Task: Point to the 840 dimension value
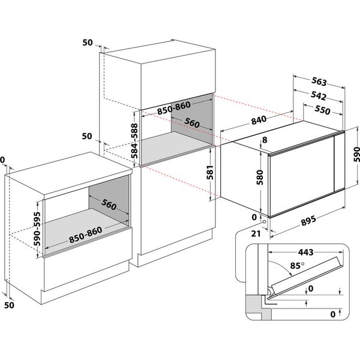point(259,120)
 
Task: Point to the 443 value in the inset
point(307,253)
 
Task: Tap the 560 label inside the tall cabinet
point(191,124)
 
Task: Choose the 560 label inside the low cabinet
point(109,205)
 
